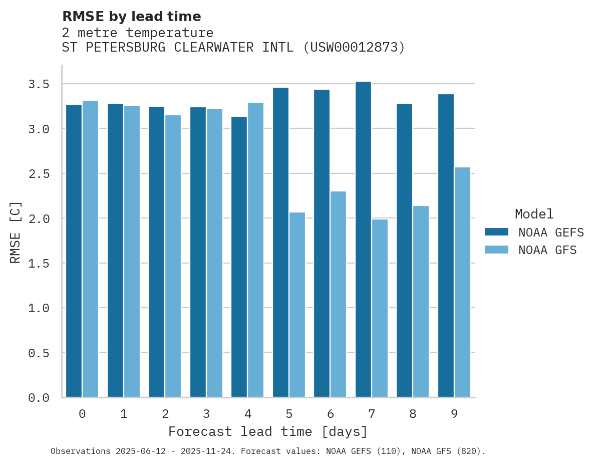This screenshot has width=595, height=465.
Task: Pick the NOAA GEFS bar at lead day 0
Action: (74, 251)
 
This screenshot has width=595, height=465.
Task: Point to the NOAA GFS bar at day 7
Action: (380, 308)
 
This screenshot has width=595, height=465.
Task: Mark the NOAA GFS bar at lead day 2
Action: (173, 256)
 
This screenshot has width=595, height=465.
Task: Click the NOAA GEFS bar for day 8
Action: (404, 250)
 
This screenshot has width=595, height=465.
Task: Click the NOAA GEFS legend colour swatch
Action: (496, 232)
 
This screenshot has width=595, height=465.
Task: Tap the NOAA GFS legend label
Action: (547, 250)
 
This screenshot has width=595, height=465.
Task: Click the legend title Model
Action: (534, 214)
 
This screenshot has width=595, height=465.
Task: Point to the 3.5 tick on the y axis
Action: (39, 84)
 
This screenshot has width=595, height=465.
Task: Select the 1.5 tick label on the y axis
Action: (39, 263)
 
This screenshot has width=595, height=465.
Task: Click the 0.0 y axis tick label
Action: (39, 398)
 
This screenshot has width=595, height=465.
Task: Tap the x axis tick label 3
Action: (206, 414)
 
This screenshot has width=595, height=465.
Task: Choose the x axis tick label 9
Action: (454, 414)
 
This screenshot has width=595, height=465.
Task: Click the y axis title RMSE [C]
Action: (16, 231)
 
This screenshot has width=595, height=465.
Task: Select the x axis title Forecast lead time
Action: (268, 431)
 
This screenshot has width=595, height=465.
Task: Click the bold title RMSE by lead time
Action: (131, 17)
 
